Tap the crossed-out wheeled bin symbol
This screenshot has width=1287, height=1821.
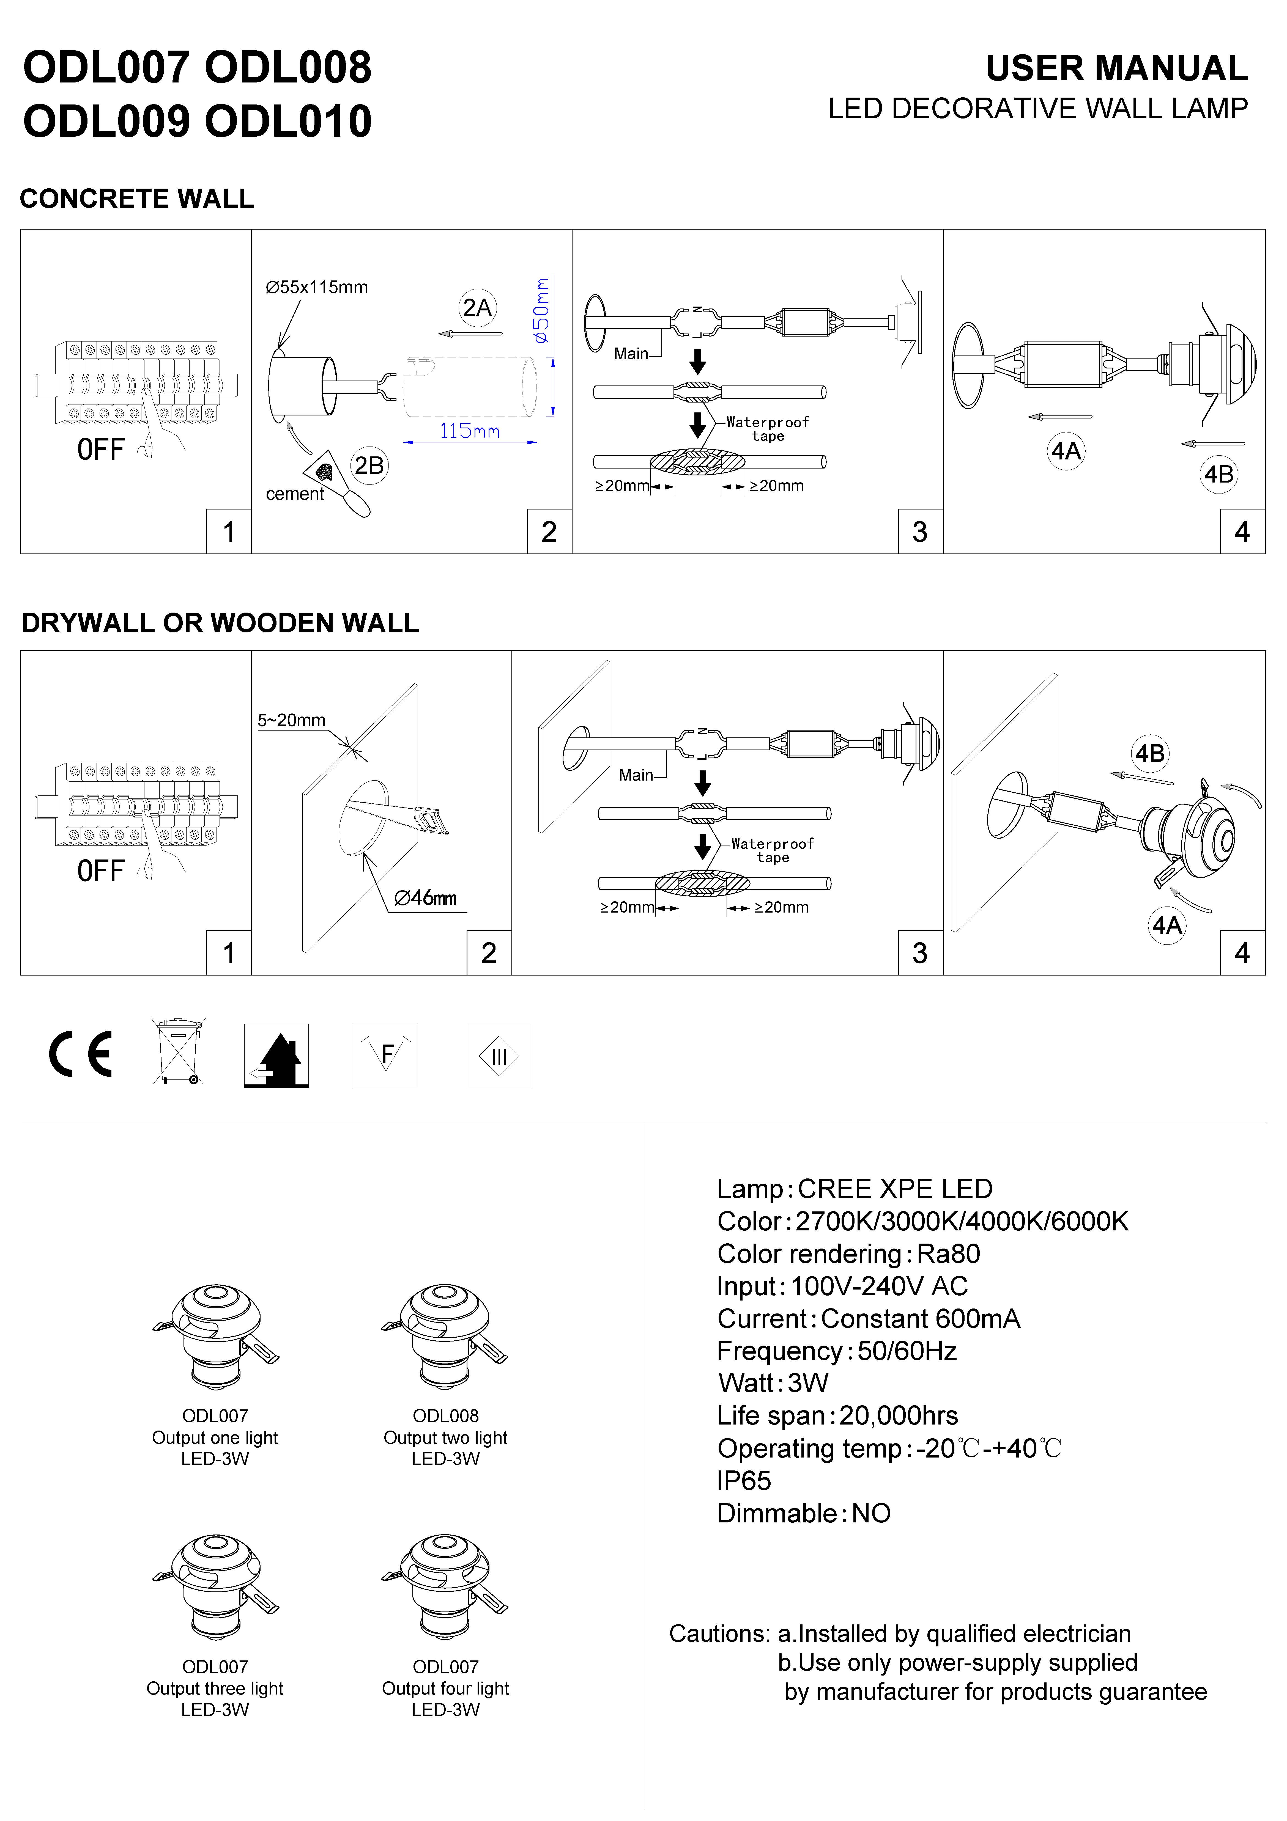178,1052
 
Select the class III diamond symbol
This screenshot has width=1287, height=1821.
498,1056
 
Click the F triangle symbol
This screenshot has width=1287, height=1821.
386,1056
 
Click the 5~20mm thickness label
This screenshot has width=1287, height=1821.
291,720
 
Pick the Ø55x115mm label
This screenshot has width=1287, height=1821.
317,287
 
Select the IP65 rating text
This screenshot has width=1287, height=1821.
743,1481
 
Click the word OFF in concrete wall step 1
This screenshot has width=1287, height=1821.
101,450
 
